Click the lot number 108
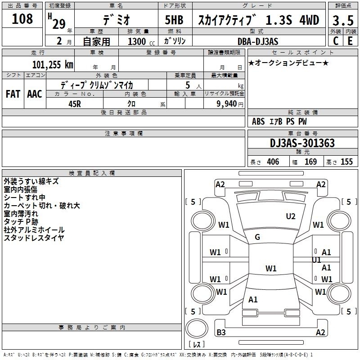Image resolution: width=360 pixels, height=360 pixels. point(22,18)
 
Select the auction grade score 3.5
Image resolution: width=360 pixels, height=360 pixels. point(343,20)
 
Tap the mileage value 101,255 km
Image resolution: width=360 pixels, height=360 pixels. point(53,65)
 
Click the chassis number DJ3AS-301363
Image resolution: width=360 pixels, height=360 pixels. point(302,143)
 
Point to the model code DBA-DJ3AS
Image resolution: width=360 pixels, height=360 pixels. point(258,41)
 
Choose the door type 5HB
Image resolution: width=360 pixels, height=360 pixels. point(174,20)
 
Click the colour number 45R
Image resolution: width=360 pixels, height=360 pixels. point(75,104)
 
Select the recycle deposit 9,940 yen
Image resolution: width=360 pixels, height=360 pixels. point(230,104)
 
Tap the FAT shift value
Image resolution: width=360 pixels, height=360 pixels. point(13,94)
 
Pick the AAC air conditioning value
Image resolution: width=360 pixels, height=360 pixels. point(35,94)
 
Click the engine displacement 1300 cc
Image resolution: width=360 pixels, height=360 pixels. point(141,41)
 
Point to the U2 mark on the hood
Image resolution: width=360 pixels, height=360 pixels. point(291,216)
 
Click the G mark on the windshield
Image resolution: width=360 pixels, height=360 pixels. point(257,237)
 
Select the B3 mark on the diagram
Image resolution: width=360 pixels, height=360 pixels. point(221,332)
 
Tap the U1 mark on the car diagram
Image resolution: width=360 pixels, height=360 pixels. point(316,260)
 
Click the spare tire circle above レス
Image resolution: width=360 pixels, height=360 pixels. point(197,328)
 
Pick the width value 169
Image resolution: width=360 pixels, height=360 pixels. point(310,162)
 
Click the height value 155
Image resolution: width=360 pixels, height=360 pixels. point(346,162)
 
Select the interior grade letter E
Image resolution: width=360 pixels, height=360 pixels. point(350,41)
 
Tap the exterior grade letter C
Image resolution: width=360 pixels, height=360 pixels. point(336,41)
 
